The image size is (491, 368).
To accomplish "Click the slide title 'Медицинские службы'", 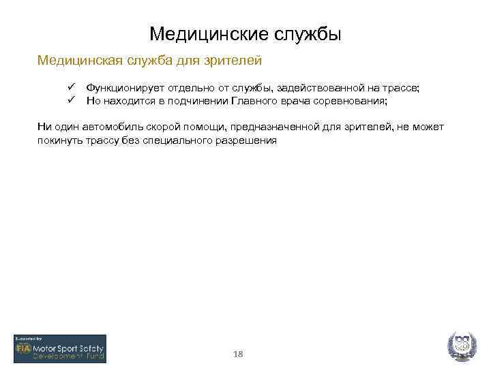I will (245, 33).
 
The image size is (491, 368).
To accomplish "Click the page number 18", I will (238, 354).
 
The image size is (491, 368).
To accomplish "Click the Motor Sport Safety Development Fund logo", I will (60, 348).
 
